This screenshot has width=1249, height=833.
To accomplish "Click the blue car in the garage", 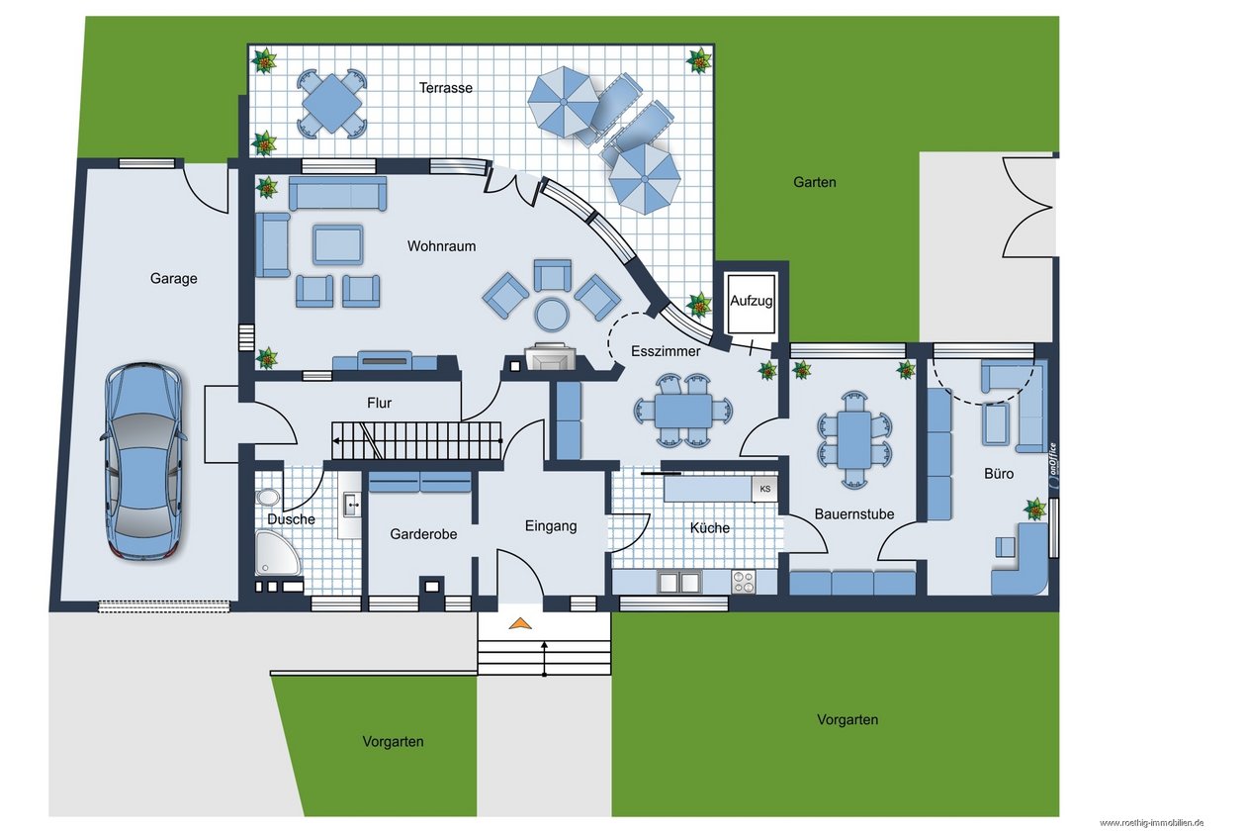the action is (143, 461).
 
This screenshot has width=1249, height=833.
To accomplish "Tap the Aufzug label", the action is (751, 301).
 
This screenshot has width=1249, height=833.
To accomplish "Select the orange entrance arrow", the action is (519, 623).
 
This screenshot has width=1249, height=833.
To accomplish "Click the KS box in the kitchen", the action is (764, 489).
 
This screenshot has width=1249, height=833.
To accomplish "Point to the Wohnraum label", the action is (441, 246).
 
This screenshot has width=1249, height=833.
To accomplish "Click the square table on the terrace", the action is (331, 104).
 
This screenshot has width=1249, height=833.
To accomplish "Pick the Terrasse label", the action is (446, 88).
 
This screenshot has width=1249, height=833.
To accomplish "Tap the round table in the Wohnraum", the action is (552, 316).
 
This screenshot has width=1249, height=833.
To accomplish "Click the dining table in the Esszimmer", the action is (683, 411).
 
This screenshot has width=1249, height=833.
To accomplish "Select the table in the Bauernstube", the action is (853, 439).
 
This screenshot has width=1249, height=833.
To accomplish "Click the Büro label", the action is (999, 474).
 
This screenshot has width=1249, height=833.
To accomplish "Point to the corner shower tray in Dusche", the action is (276, 553).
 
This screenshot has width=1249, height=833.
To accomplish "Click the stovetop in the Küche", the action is (744, 582).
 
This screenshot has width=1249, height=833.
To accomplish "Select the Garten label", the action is (814, 182).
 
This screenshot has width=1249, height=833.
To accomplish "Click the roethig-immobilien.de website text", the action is (1151, 823).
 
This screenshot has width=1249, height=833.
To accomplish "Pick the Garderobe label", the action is (423, 534).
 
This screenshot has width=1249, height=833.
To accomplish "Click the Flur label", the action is (379, 403).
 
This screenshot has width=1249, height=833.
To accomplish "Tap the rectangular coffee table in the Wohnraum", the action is (338, 244).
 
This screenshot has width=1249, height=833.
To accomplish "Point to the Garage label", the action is (173, 278).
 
